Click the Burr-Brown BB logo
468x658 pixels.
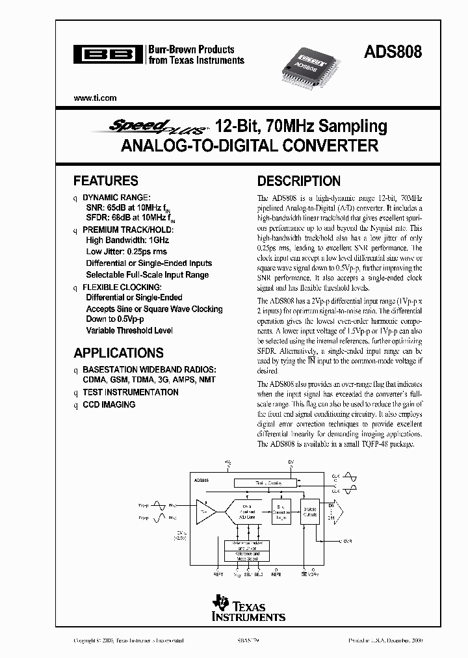[x=107, y=55]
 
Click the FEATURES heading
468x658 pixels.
[x=105, y=181]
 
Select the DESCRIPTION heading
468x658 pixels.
[x=299, y=181]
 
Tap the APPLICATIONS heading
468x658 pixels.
[x=118, y=353]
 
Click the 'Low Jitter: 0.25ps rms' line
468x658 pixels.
[x=126, y=252]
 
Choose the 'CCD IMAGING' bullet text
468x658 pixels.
[x=109, y=404]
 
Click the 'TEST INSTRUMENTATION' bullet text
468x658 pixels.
[x=130, y=392]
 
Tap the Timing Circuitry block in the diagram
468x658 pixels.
[x=264, y=483]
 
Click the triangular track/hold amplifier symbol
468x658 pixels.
[x=205, y=512]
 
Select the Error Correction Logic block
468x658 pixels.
[x=281, y=512]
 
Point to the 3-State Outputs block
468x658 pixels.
[x=311, y=512]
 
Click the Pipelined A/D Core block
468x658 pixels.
[x=247, y=512]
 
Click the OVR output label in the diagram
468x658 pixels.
[x=348, y=540]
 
